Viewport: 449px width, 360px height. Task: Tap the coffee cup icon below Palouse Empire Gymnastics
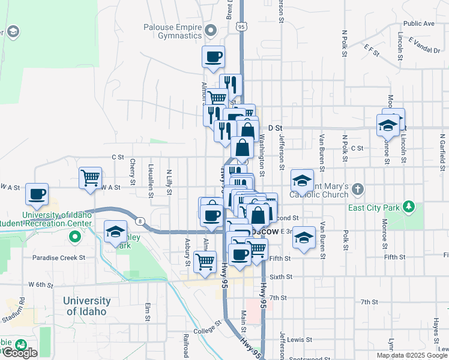214,57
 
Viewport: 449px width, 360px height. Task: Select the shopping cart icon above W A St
90,178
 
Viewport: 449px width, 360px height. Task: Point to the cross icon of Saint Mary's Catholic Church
358,190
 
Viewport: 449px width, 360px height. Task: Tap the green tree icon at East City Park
409,207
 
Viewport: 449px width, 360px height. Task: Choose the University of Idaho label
88,306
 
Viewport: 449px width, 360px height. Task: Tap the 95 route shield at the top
241,27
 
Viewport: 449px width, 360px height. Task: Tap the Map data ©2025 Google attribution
411,355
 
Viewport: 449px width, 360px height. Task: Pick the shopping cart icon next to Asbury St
205,262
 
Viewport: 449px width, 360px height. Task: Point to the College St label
208,329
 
